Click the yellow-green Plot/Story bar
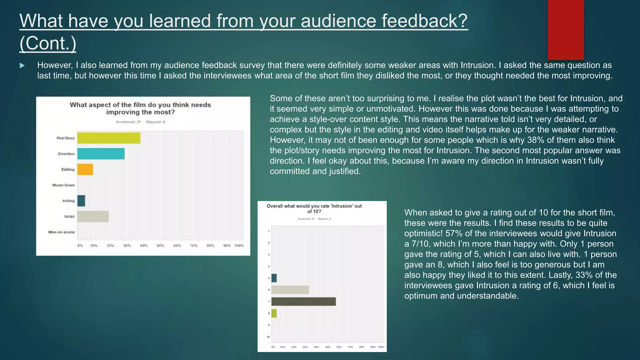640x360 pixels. [109, 138]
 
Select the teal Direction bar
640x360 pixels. [101, 154]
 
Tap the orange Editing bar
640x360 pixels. [85, 169]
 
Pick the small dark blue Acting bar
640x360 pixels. [81, 201]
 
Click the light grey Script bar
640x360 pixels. [93, 216]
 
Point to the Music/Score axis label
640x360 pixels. [63, 185]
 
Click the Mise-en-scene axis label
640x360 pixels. [62, 232]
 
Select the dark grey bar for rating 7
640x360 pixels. [303, 302]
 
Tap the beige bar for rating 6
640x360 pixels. [290, 290]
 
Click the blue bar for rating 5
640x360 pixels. [274, 278]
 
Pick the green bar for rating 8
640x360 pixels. [274, 313]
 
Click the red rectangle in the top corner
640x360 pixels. [566, 30]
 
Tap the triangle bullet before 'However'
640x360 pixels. [22, 66]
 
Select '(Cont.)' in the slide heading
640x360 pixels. [48, 43]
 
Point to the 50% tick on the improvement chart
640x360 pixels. [160, 246]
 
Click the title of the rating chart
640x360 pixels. [314, 209]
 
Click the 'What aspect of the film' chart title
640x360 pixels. [140, 108]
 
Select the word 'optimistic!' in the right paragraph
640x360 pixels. [423, 233]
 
